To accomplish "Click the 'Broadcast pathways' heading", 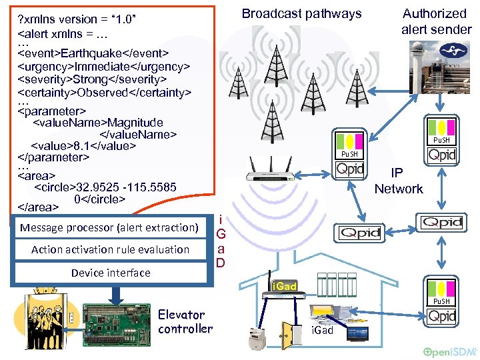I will [x=301, y=13].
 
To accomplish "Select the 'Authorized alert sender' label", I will [x=435, y=21].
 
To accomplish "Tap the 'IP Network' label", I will [x=398, y=181].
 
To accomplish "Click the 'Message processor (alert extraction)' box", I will [x=109, y=228].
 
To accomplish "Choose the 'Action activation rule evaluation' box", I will [x=110, y=250].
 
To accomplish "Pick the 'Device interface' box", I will [x=111, y=273].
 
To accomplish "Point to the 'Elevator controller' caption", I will [x=185, y=321].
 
